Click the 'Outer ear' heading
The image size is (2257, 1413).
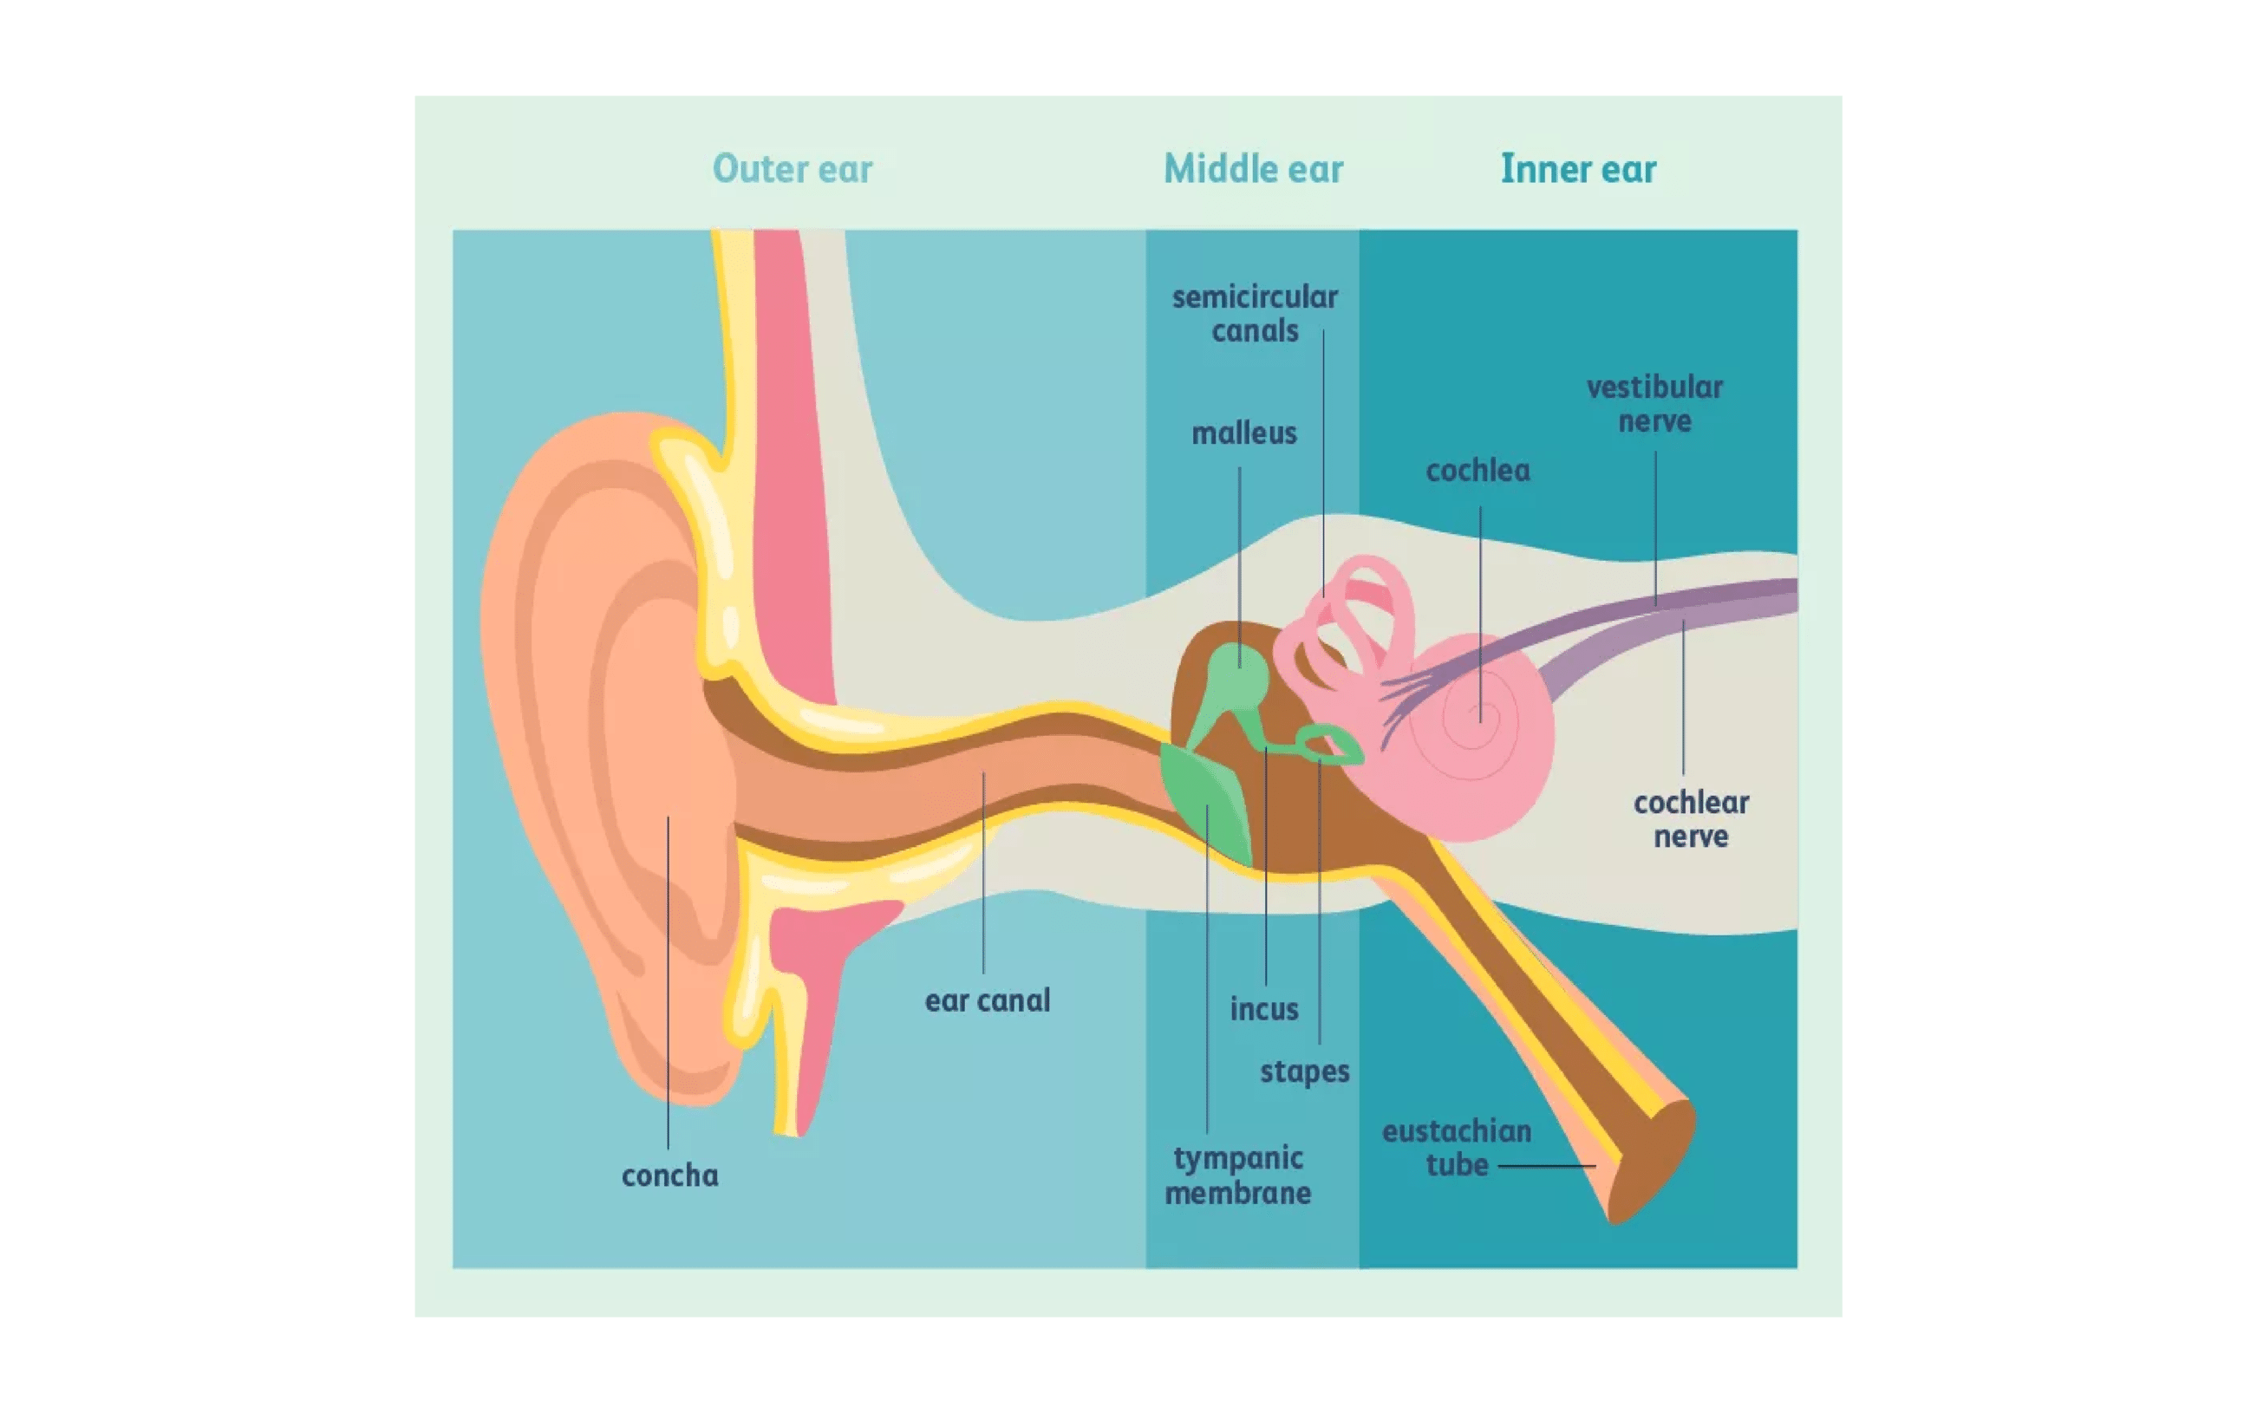pos(792,169)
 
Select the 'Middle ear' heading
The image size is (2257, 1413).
pos(1252,169)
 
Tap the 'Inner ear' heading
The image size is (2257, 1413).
pos(1577,169)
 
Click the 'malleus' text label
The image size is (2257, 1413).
pos(1244,433)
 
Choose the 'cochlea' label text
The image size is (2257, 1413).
pos(1477,471)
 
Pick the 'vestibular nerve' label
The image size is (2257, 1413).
pos(1654,404)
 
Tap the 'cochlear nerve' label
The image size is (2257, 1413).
pos(1691,819)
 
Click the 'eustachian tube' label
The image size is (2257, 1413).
pos(1456,1149)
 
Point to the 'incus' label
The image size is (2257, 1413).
pos(1263,1010)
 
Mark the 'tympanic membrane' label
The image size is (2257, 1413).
pos(1237,1175)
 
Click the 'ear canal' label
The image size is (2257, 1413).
pos(987,1001)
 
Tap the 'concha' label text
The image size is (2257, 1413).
pos(669,1175)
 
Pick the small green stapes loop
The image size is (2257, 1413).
pos(1332,745)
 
